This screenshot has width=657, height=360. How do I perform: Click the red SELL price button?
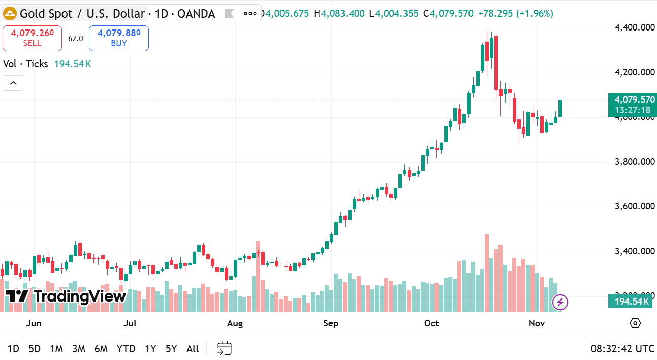click(x=32, y=38)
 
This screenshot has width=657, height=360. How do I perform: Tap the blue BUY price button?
click(x=118, y=38)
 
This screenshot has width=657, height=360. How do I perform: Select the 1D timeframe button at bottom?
click(x=13, y=349)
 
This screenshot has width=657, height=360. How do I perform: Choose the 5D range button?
click(x=35, y=349)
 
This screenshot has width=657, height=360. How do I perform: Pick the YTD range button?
click(x=126, y=349)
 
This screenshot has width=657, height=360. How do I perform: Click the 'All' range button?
click(x=193, y=349)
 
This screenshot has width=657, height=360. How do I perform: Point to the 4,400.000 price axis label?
click(x=634, y=27)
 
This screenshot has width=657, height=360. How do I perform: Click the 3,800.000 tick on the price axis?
click(x=634, y=162)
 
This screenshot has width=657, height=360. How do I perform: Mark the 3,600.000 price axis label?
click(x=634, y=206)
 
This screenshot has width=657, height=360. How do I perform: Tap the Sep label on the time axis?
click(x=331, y=323)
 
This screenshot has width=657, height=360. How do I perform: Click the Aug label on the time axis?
click(x=235, y=323)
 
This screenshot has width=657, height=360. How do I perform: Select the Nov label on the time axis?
click(x=537, y=323)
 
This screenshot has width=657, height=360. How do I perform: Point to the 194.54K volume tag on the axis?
click(x=632, y=302)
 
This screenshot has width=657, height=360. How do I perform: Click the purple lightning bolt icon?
click(x=560, y=303)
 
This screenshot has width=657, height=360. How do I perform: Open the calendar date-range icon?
click(x=224, y=348)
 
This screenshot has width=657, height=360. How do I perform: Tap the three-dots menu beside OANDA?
click(x=251, y=13)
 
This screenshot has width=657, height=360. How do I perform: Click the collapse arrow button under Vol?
click(x=13, y=82)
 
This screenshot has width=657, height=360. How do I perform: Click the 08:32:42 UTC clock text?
click(x=622, y=349)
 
